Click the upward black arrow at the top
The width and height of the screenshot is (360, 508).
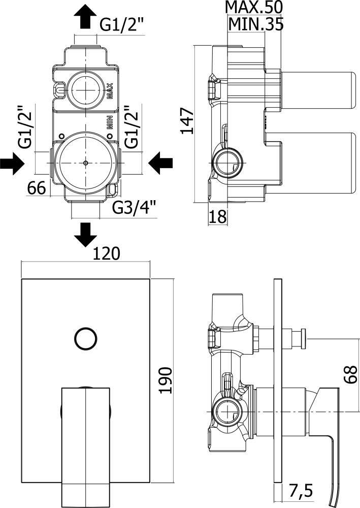[85, 18]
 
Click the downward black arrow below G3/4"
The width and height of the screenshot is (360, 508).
[85, 234]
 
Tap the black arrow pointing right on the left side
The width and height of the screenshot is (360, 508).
[12, 164]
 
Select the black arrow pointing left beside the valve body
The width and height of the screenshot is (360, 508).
[161, 163]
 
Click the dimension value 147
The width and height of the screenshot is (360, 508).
[188, 120]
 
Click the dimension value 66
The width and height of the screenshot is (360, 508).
[37, 188]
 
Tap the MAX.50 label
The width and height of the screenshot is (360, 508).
[254, 8]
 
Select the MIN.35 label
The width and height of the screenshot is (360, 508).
[255, 23]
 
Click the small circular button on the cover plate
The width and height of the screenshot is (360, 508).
[84, 339]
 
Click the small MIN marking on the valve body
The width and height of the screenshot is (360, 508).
[109, 124]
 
